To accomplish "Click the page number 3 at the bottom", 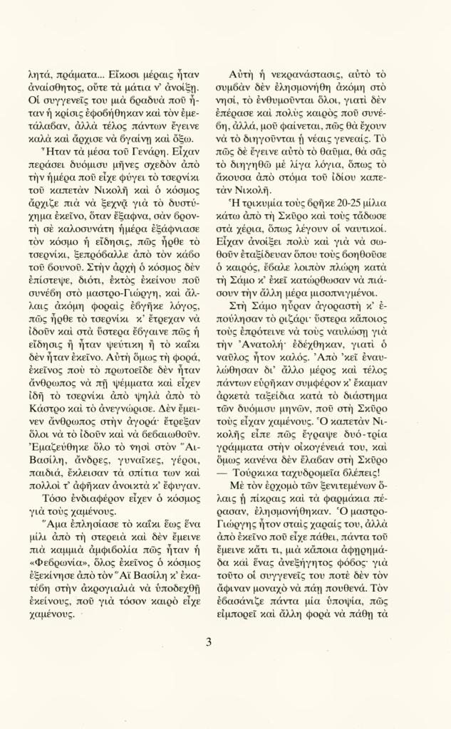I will tap(209, 641).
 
